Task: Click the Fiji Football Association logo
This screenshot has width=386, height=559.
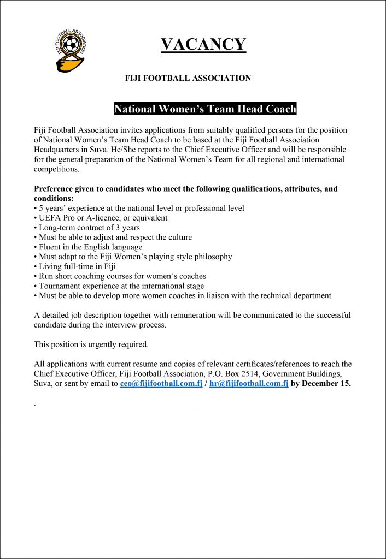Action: (72, 50)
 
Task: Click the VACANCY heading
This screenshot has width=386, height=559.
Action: (203, 45)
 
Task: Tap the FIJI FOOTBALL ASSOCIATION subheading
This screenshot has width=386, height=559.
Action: (188, 78)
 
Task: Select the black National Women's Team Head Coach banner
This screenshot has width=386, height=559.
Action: (205, 109)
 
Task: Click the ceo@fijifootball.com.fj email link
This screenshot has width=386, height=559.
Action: (161, 383)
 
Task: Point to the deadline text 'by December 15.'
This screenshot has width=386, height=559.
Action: (321, 383)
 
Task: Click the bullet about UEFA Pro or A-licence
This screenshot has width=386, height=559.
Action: (101, 218)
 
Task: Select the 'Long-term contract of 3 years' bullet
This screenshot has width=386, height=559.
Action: (87, 228)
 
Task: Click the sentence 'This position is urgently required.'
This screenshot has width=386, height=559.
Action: (91, 344)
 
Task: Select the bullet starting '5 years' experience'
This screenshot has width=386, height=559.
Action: (139, 208)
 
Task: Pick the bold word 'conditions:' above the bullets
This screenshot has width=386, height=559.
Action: (54, 198)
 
